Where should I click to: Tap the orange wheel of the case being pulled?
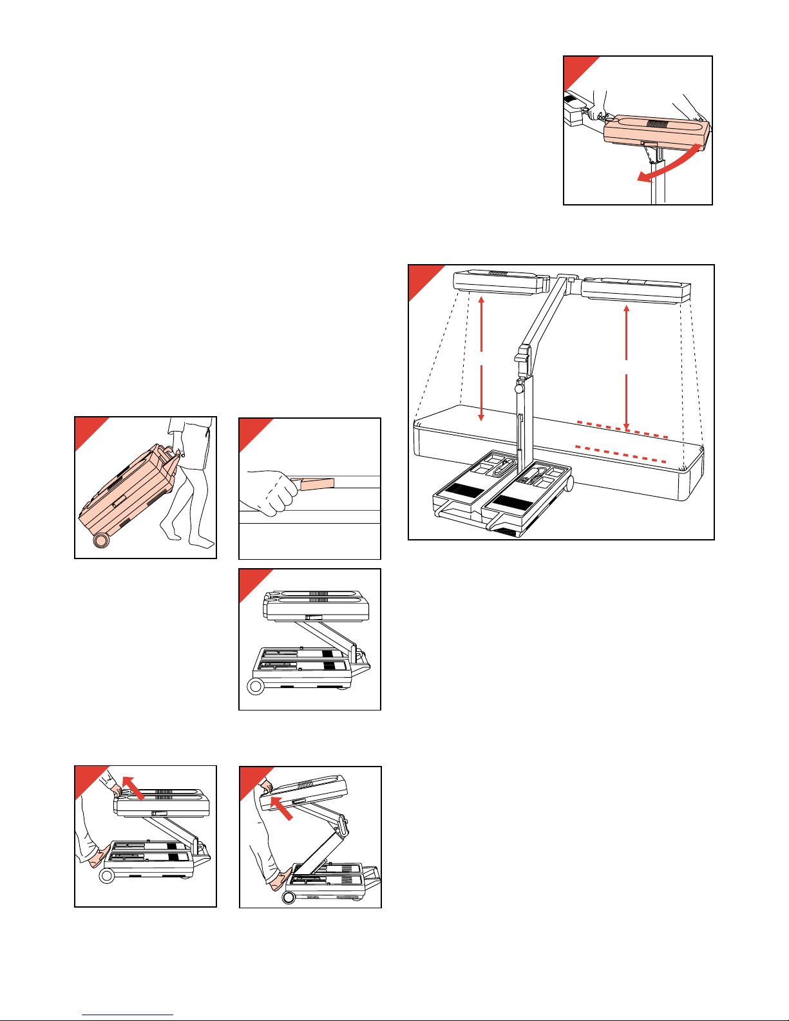[x=101, y=540]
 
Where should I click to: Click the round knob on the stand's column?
[x=519, y=388]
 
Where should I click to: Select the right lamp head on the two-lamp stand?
[x=635, y=291]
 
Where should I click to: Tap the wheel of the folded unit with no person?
[x=256, y=686]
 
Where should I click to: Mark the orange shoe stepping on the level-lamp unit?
[x=99, y=857]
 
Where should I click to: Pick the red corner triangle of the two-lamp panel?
[x=421, y=278]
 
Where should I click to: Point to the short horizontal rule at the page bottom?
[x=128, y=1015]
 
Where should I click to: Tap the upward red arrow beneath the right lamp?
[x=626, y=332]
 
